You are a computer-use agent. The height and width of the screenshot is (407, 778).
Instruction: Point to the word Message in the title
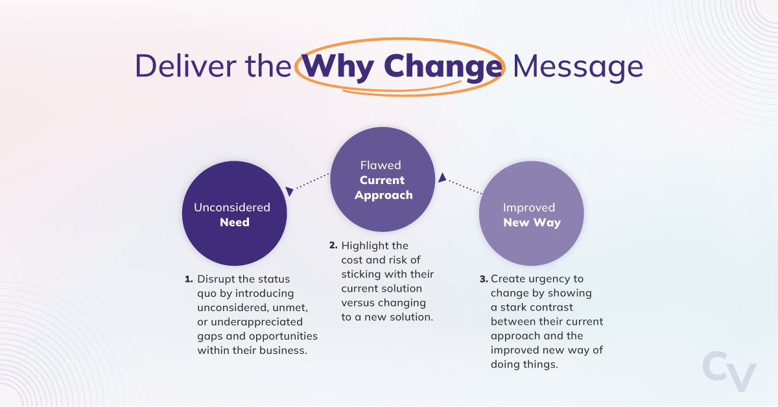point(578,67)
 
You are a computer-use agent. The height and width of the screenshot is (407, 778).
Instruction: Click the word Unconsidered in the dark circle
point(232,207)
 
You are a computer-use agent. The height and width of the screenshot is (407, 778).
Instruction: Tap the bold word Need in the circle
point(234,222)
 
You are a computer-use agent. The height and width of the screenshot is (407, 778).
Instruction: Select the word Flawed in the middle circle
point(382,165)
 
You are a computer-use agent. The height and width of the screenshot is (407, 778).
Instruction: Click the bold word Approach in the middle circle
point(383,195)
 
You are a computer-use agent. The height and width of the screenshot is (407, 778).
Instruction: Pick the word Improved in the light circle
point(529,207)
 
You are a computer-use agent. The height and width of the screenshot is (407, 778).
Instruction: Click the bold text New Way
point(532,222)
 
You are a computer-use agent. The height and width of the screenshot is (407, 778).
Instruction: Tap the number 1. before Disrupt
point(189,279)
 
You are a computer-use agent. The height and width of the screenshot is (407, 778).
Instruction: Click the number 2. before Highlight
point(333,246)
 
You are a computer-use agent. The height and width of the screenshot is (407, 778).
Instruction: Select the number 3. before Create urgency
point(484,279)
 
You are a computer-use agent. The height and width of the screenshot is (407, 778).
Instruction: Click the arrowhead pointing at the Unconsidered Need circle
point(290,192)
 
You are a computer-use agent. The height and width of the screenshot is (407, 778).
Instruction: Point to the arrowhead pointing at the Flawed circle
point(442,177)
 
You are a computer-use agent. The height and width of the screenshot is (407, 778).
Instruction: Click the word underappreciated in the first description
point(250,322)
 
